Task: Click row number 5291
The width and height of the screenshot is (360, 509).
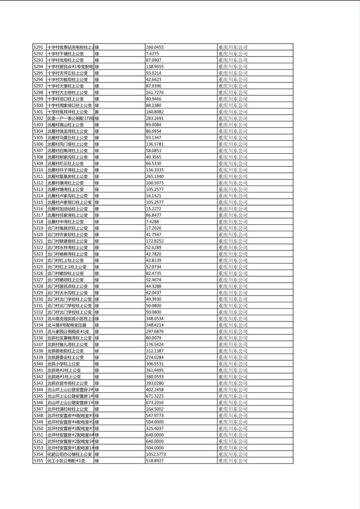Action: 38,47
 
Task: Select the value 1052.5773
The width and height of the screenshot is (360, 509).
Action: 156,454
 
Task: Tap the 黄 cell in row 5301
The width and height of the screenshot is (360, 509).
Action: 97,112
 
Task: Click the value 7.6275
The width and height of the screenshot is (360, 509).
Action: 153,54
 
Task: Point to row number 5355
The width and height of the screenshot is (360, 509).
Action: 38,461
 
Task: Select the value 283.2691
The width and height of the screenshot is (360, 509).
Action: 155,118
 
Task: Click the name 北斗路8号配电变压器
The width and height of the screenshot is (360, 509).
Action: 67,325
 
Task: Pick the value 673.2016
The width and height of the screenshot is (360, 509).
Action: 155,403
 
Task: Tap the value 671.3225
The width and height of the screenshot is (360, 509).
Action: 155,396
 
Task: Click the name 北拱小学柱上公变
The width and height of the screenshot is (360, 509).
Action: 64,364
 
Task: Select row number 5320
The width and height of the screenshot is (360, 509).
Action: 38,234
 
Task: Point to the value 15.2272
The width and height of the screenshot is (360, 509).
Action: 153,209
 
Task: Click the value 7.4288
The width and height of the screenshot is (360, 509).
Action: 153,221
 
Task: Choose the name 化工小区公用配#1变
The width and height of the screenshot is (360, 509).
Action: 66,461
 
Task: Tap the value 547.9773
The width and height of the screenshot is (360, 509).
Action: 155,415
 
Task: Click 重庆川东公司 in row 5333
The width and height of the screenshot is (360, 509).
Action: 233,319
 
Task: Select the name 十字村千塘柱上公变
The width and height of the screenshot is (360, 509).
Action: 65,54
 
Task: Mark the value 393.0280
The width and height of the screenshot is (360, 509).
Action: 155,383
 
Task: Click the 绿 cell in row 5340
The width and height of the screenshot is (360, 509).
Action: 97,364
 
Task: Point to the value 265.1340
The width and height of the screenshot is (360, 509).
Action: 155,176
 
